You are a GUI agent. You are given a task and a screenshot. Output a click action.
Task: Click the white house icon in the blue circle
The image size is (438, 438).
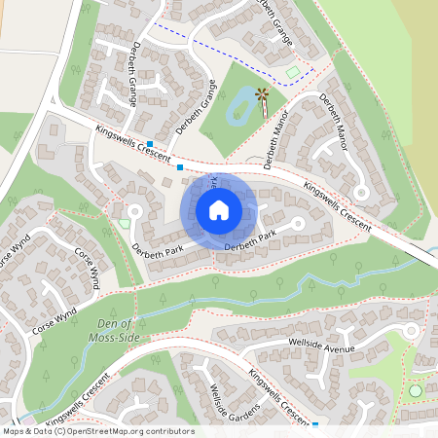tap(219, 209)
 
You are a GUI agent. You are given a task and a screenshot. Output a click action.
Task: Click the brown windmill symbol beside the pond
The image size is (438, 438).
tap(262, 94)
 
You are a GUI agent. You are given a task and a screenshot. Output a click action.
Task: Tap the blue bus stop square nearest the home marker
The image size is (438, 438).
tap(180, 168)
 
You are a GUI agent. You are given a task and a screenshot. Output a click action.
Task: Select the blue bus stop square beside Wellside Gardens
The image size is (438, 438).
tap(317, 424)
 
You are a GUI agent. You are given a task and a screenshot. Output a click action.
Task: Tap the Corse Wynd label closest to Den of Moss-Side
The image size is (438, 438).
tap(54, 317)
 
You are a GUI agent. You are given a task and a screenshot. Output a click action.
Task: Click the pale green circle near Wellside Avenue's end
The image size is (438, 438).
tap(417, 390)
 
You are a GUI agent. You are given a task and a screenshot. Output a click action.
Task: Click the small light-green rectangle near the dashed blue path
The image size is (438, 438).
tap(294, 72)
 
